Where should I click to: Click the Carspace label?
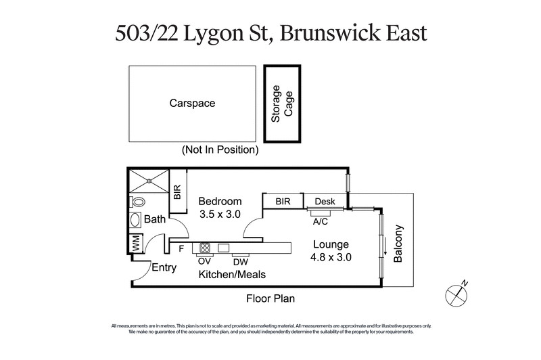(x=192, y=104)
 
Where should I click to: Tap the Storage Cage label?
(x=281, y=104)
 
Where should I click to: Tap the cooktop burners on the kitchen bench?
(x=205, y=248)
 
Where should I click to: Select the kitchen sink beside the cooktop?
(x=223, y=248)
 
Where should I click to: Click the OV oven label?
(x=204, y=260)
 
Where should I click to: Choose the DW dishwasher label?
(x=241, y=261)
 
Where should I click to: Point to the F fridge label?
(x=181, y=248)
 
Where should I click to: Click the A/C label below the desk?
(x=321, y=219)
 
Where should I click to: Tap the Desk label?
(x=325, y=202)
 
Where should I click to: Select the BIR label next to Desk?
(x=283, y=202)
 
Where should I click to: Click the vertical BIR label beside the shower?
(x=177, y=192)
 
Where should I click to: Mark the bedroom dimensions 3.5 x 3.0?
(x=219, y=215)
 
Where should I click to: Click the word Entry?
(x=164, y=267)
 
